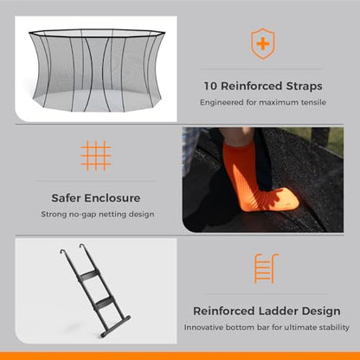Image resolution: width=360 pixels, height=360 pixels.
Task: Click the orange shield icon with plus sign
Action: pyautogui.click(x=263, y=44)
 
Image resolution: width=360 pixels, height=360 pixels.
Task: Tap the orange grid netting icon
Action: pyautogui.click(x=96, y=156)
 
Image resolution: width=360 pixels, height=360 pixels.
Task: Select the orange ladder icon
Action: pyautogui.click(x=266, y=269)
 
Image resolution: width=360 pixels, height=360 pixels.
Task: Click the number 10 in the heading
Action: pyautogui.click(x=210, y=86)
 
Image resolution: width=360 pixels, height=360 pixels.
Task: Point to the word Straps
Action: pyautogui.click(x=304, y=87)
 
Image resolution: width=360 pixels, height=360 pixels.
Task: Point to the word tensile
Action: pyautogui.click(x=313, y=102)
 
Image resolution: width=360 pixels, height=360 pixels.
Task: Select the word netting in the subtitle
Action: pyautogui.click(x=113, y=215)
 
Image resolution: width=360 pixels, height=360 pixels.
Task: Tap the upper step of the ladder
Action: pyautogui.click(x=89, y=274)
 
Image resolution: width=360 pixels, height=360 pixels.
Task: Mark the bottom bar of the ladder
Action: pyautogui.click(x=115, y=326)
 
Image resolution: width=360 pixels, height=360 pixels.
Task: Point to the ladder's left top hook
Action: pyautogui.click(x=62, y=251)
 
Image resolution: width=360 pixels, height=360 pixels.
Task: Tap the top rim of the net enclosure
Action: pyautogui.click(x=97, y=33)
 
